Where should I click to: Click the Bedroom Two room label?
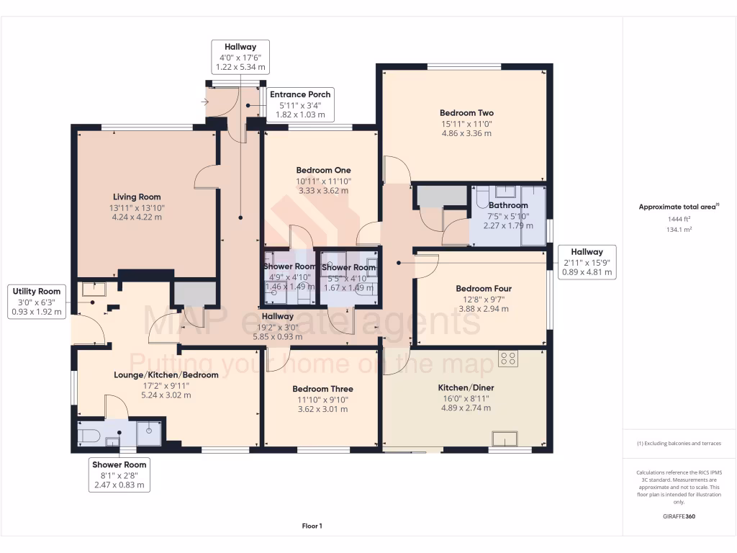coord(466,113)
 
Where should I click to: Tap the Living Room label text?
coord(137,197)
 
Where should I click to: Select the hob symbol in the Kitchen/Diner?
coord(508,358)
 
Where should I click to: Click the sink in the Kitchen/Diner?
coord(505,439)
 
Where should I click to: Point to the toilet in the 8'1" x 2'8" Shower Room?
coord(89,435)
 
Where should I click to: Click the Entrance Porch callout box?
coord(300,104)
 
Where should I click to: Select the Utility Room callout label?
coord(38,301)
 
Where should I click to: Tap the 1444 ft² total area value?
coord(679,219)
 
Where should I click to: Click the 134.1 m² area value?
coord(679,229)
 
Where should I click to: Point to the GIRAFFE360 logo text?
coord(679,516)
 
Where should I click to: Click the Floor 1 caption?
coord(312,526)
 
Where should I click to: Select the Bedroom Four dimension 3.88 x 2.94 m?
coord(482,309)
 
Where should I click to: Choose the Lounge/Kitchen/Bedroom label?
coord(166,375)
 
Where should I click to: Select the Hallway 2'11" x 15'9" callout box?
coord(588,262)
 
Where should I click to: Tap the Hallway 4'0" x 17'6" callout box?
coord(240,56)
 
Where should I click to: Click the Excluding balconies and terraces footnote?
coord(679,443)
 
